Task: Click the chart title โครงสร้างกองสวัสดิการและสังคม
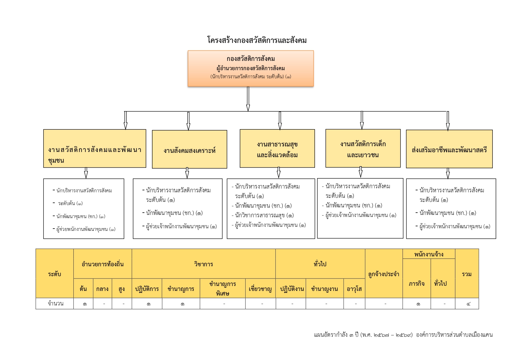click(x=257, y=40)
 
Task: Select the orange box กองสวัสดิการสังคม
click(x=251, y=68)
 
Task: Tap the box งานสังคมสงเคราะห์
click(x=189, y=149)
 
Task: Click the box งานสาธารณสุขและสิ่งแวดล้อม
click(x=277, y=149)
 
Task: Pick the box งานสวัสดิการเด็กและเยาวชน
click(x=363, y=148)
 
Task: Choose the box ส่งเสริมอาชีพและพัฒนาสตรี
click(x=449, y=149)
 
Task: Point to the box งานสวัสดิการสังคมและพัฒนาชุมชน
click(x=95, y=149)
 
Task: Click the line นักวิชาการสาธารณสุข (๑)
click(x=264, y=215)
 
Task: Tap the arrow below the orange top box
click(x=248, y=99)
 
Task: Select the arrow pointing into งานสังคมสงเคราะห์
click(x=188, y=121)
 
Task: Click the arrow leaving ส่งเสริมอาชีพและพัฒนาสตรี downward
click(x=448, y=173)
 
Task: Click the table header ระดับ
click(x=55, y=274)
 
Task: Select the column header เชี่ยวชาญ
click(x=260, y=289)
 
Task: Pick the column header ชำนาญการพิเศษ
click(x=222, y=288)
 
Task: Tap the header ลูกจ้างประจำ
click(x=383, y=274)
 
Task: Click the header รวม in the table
click(x=467, y=274)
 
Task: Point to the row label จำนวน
click(x=55, y=303)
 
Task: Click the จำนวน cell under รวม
click(x=467, y=304)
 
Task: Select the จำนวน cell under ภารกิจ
click(x=416, y=304)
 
